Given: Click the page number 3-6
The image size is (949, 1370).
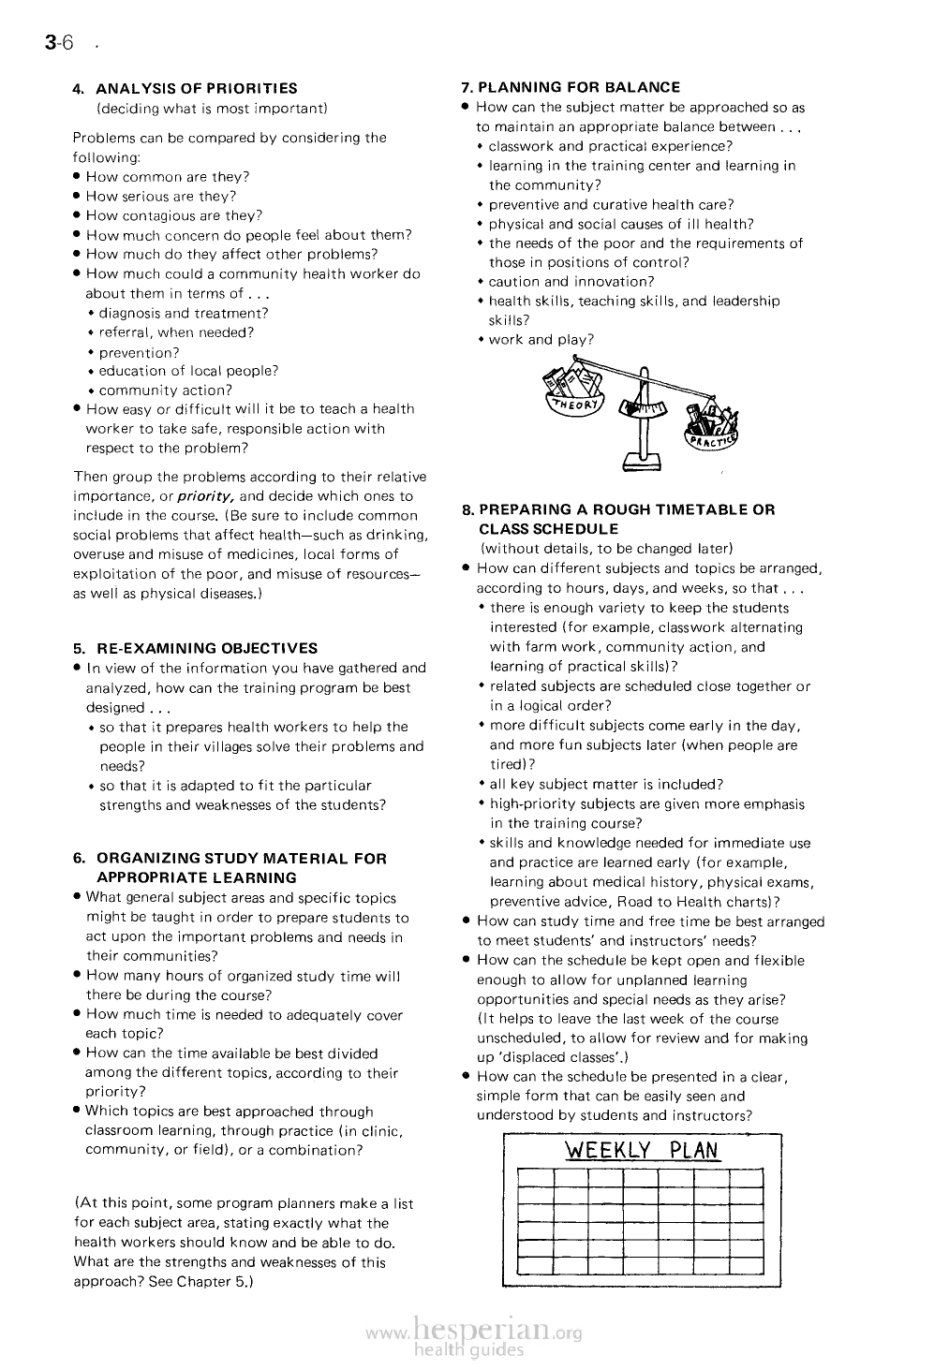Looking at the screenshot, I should (x=57, y=43).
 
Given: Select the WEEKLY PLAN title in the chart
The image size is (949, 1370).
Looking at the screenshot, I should (x=642, y=1150).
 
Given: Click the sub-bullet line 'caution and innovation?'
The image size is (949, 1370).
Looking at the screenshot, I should (x=571, y=282).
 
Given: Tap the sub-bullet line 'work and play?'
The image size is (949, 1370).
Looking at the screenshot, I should (x=541, y=340).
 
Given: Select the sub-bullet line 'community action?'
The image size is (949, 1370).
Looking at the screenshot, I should (x=166, y=390).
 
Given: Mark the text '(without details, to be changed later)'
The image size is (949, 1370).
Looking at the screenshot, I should (x=606, y=549).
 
